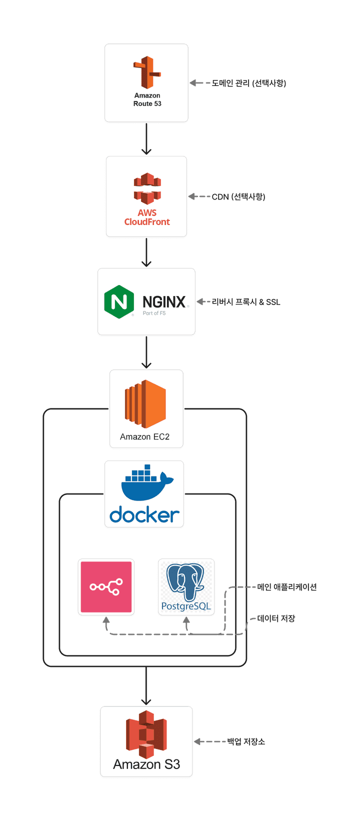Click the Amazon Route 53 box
[146, 83]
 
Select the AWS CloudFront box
[146, 196]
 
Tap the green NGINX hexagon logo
[119, 301]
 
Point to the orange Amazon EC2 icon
[145, 404]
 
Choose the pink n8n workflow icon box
[106, 587]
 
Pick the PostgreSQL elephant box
[186, 587]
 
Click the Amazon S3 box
[146, 741]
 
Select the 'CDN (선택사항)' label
[238, 197]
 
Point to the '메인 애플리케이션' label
[287, 587]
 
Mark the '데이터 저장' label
[276, 618]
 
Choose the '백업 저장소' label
[246, 741]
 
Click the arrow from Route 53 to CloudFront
[146, 139]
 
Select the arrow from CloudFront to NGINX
[146, 252]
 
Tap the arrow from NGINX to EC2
[146, 352]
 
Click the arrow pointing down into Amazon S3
[146, 686]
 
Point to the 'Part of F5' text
[154, 313]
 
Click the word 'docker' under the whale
[144, 515]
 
